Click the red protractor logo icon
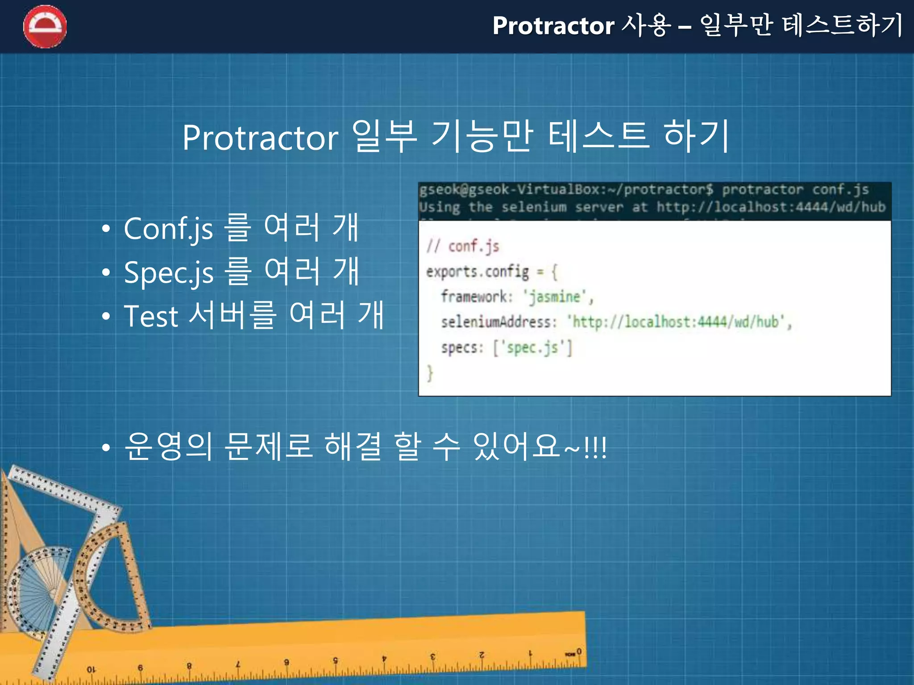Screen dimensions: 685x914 45,26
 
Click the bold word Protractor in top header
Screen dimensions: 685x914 553,25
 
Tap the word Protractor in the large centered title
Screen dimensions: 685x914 260,138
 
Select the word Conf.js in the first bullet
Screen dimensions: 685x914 168,229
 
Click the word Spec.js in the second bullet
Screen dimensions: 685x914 168,272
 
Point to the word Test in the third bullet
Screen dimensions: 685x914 151,316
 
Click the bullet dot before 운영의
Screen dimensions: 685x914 106,447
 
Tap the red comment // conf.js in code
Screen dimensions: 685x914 462,246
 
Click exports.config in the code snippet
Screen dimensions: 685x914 477,272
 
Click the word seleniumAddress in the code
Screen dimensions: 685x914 496,322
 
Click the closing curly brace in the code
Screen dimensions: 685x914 429,373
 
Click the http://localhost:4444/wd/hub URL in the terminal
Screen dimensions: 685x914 770,207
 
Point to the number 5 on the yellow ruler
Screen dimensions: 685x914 335,660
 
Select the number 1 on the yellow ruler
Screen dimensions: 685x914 530,653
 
